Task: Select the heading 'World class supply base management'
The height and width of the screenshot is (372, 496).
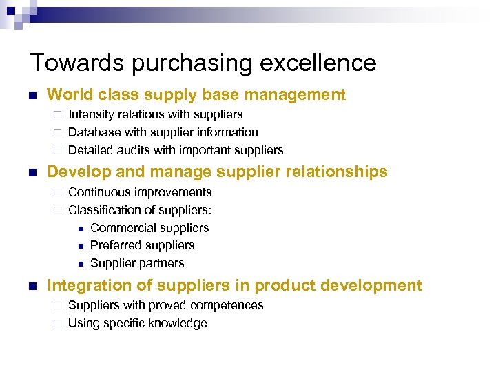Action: coord(196,94)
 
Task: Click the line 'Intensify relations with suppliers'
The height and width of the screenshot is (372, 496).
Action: coord(156,114)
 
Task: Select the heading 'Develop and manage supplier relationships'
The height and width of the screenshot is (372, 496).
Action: coord(216,172)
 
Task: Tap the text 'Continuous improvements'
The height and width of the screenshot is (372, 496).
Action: coord(140,192)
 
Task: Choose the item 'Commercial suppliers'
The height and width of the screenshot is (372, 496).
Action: coord(149,228)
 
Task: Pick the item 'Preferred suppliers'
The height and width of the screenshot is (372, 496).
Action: coord(142,245)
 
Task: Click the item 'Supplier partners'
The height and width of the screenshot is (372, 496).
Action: coord(137,263)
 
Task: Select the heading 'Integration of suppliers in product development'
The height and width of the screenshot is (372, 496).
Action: coord(234,285)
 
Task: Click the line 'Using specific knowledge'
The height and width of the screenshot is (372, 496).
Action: coord(138,323)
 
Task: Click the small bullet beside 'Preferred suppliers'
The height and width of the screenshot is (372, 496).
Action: coord(80,246)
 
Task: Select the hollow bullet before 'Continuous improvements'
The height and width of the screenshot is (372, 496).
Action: coord(59,193)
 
